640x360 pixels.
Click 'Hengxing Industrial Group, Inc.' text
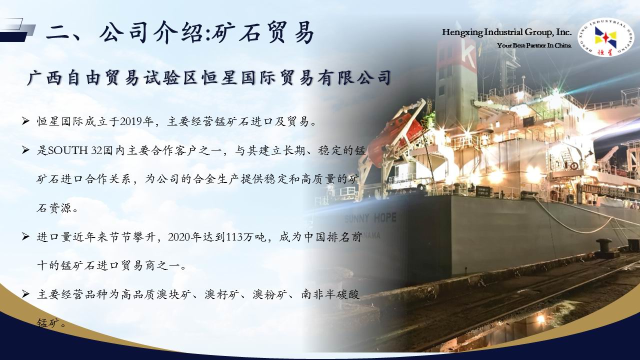(506, 32)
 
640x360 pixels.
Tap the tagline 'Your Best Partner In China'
(534, 45)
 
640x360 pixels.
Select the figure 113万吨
(245, 237)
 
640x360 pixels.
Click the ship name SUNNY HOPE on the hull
(370, 218)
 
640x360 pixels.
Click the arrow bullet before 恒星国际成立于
(25, 121)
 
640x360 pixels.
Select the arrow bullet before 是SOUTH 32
(25, 150)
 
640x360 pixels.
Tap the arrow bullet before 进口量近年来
(25, 237)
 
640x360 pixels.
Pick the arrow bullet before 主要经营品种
(25, 294)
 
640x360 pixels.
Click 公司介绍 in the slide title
(152, 33)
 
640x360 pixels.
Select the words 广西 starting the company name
(45, 77)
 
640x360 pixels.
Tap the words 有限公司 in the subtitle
(353, 77)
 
